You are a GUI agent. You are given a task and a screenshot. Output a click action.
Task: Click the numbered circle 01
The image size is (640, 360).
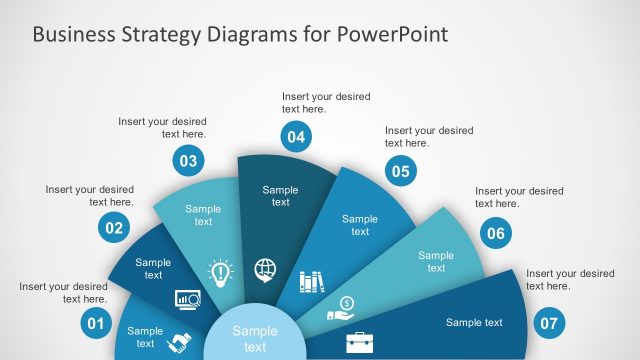point(96,323)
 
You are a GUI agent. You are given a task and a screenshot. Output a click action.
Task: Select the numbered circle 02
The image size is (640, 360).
point(114,228)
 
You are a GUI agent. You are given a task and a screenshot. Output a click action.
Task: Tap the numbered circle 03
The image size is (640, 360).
point(187,159)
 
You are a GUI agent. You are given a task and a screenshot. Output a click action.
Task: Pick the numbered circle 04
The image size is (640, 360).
point(295,136)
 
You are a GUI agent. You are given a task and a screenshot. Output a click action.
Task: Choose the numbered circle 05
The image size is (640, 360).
point(401,171)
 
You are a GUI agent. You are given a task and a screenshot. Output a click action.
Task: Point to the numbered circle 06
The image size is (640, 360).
point(495,234)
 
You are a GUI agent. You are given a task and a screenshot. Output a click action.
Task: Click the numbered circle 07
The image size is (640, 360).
point(549,323)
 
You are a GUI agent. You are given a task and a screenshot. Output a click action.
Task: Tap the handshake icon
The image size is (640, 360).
point(181,342)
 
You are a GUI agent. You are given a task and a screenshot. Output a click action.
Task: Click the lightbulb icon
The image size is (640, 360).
point(219,270)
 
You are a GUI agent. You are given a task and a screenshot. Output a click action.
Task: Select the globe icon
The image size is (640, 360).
point(266,269)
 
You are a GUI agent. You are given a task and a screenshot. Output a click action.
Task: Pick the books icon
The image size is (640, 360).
point(312,282)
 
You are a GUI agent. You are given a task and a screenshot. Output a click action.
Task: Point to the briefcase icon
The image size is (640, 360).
point(359,343)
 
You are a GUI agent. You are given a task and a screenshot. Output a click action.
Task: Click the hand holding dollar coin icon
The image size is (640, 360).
point(341,309)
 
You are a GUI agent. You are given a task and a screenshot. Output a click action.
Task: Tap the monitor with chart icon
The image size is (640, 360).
point(187,298)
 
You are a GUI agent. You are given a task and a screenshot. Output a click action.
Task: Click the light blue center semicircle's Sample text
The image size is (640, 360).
point(255,339)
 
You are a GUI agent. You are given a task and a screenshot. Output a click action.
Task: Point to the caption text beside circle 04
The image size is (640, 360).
point(326,103)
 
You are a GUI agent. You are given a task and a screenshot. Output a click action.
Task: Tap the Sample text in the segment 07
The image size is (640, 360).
point(474,322)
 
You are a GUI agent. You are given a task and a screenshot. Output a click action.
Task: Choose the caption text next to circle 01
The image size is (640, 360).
point(63,292)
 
